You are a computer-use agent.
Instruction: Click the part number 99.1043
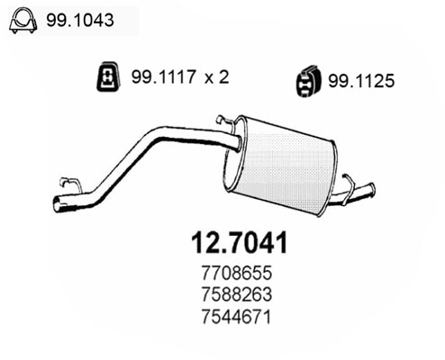(x=80, y=21)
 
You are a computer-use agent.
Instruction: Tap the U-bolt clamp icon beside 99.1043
(x=23, y=21)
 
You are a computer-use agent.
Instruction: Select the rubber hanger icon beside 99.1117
(x=108, y=76)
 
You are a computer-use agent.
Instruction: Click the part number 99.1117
(x=164, y=76)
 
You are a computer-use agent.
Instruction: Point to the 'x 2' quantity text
(x=217, y=76)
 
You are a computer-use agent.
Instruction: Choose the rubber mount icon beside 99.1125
(x=308, y=80)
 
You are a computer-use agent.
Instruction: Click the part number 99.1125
(x=361, y=81)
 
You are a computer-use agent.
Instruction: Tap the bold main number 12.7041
(x=240, y=243)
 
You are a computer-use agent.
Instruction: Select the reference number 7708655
(x=237, y=273)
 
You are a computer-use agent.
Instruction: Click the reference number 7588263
(x=237, y=294)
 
